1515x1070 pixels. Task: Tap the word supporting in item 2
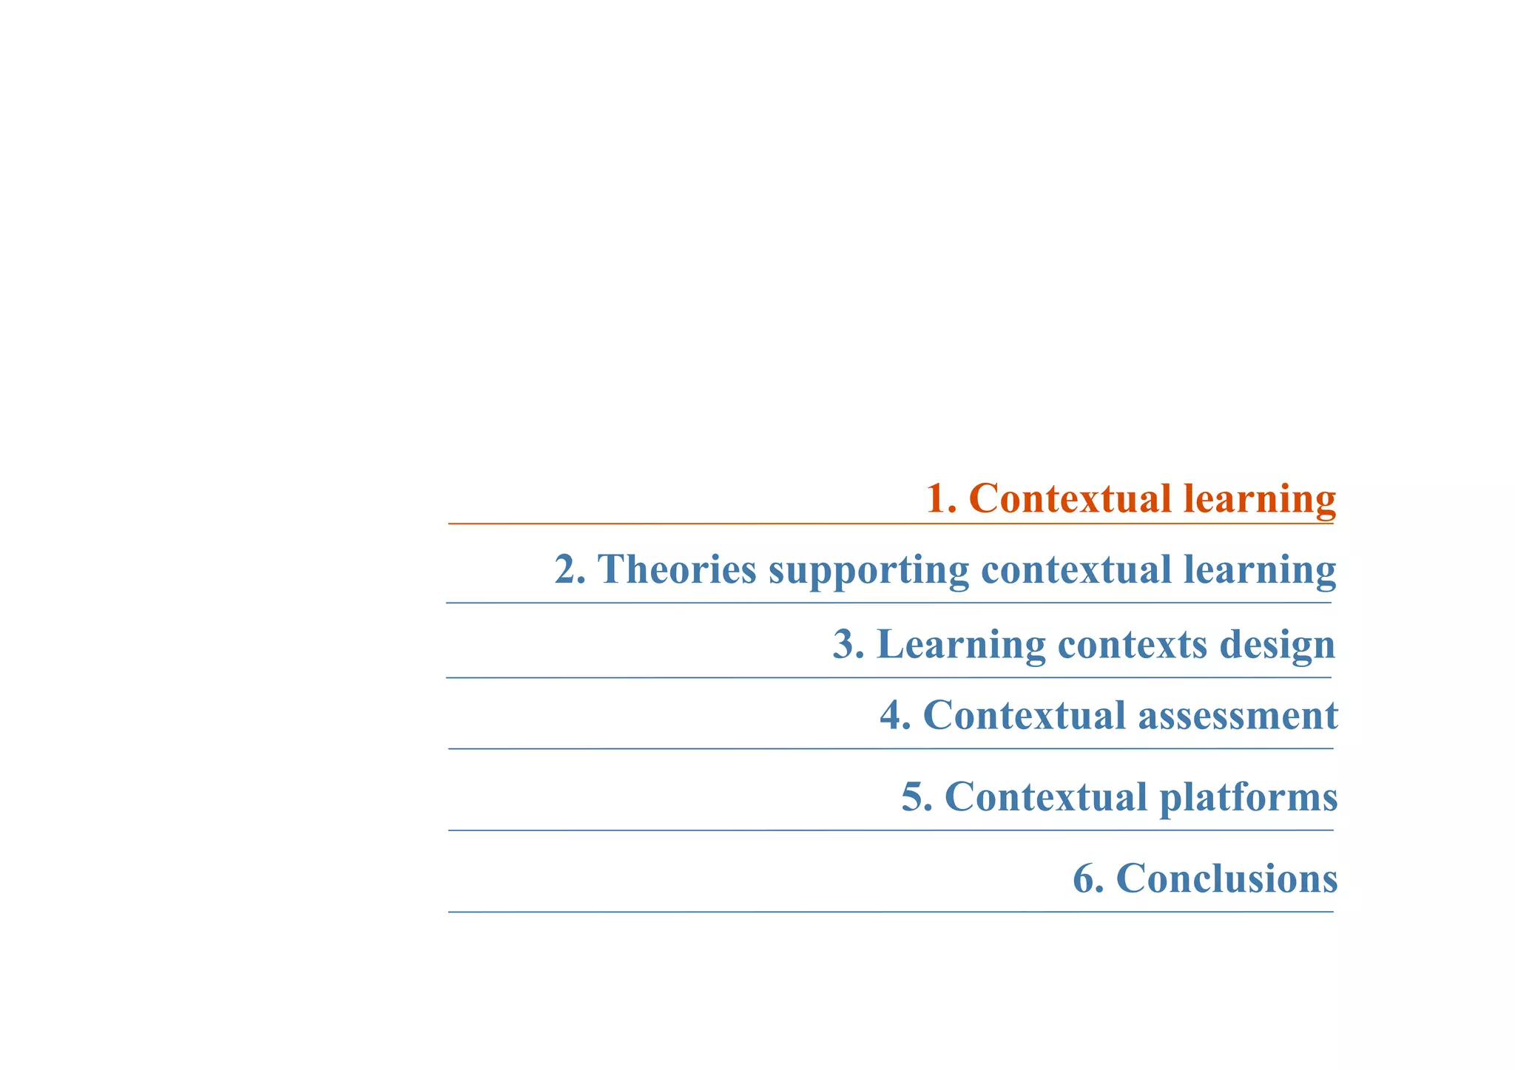(868, 571)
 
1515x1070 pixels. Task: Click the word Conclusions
(1226, 878)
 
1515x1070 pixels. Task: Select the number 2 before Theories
(567, 569)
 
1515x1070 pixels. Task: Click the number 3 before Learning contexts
(845, 644)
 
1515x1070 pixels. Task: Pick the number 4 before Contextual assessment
(892, 716)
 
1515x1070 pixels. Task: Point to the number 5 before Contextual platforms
(913, 797)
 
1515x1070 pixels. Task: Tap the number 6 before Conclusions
(1084, 878)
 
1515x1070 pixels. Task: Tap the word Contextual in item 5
(1045, 797)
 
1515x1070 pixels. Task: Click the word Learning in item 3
(961, 645)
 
